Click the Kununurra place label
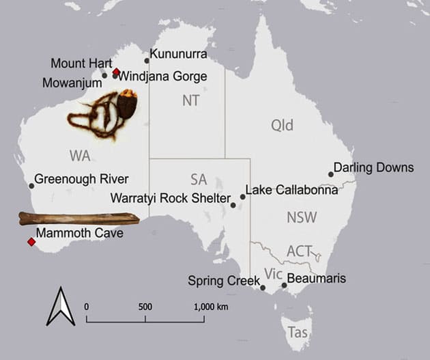point(178,53)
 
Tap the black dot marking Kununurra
point(147,60)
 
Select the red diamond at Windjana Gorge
point(116,72)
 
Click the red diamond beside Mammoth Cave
point(31,242)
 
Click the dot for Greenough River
point(31,185)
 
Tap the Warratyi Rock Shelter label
point(170,198)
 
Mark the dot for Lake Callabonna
point(242,197)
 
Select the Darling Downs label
point(374,167)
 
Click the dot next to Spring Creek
point(263,288)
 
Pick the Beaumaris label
point(317,279)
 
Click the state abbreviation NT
point(191,100)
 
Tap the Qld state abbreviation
point(282,125)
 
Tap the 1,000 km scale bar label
point(210,306)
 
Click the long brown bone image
point(78,219)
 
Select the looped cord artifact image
point(102,117)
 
